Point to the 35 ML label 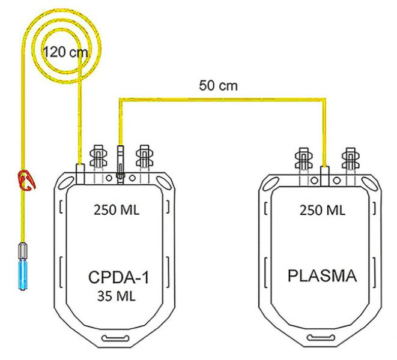118,296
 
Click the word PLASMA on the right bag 322,277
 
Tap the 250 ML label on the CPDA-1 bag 118,211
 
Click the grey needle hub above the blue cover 25,248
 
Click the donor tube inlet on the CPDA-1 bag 79,173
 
